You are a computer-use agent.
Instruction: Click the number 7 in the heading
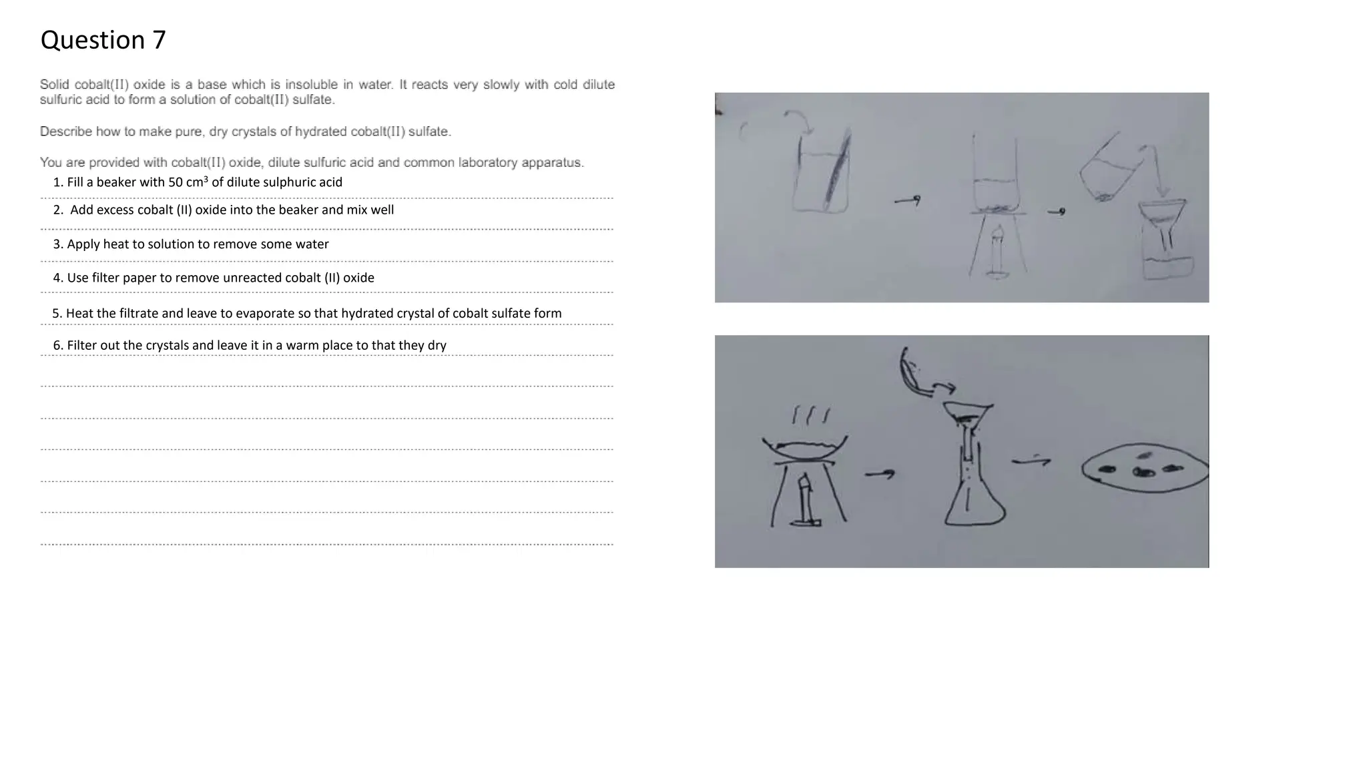(x=158, y=40)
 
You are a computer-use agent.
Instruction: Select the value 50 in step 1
(x=175, y=182)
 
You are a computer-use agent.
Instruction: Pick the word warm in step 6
(x=302, y=345)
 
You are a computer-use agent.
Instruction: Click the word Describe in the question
(x=65, y=132)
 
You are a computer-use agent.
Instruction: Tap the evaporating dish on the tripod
(x=806, y=448)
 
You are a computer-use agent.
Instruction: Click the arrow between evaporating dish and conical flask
(x=880, y=474)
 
